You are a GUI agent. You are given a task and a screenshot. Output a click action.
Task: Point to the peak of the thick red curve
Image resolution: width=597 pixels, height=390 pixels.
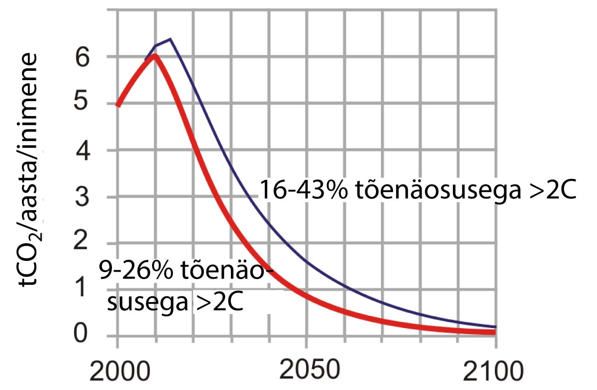point(155,55)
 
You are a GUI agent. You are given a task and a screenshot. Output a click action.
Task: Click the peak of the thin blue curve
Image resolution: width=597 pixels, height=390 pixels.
point(171,39)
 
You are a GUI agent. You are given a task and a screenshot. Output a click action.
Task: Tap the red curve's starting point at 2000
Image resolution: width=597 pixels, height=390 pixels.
point(118,105)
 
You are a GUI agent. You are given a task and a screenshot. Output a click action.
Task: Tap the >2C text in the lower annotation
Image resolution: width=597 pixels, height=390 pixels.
point(221,303)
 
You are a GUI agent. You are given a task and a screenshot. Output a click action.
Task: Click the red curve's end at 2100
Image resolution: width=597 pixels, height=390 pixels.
point(494,332)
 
